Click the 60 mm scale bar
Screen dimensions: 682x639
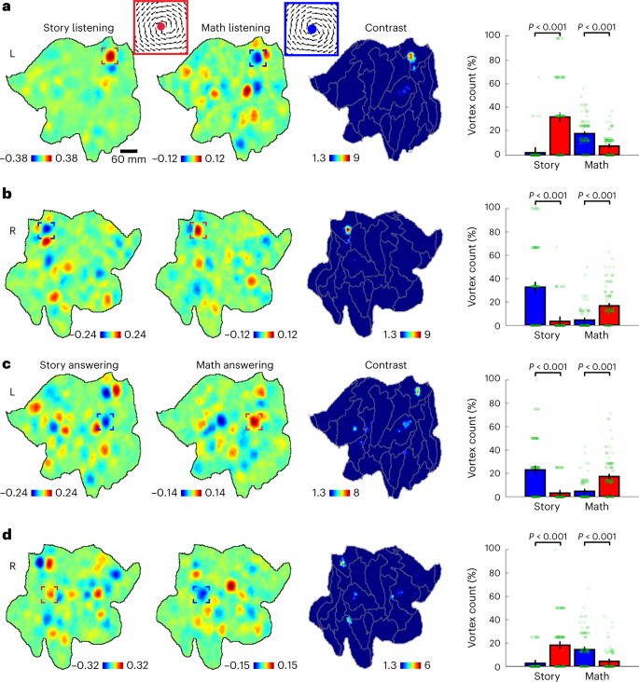pos(129,150)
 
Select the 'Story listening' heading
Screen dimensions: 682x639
pos(78,29)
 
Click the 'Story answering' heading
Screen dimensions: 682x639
pos(78,365)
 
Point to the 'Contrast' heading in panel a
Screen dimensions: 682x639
pos(387,29)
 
